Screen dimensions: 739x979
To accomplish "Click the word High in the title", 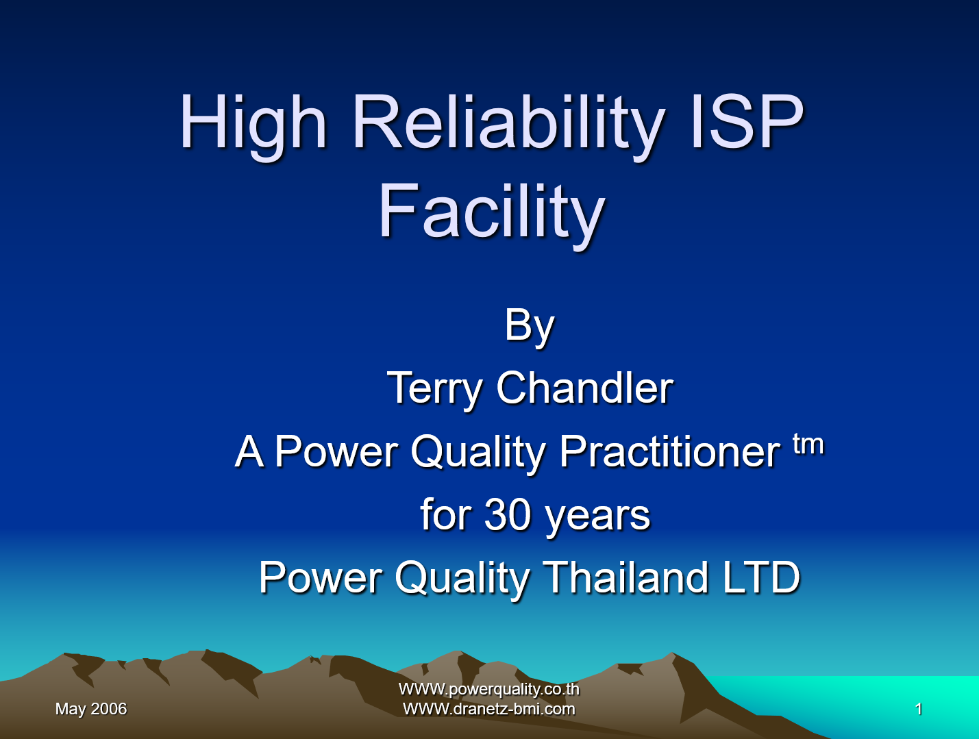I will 253,123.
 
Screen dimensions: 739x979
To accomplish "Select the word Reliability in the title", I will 508,123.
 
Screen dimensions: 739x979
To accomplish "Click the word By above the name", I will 529,325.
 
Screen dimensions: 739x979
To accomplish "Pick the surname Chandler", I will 584,388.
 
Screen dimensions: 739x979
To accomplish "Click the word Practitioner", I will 669,451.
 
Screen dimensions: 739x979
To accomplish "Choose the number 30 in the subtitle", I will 507,514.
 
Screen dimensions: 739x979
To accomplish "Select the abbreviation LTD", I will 761,577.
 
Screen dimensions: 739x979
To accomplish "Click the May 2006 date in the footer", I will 91,709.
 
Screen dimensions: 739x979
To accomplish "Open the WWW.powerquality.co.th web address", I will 489,689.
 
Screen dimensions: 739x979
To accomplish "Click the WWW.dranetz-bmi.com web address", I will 489,709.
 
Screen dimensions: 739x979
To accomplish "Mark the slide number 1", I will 919,709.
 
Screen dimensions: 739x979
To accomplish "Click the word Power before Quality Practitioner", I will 336,451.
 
